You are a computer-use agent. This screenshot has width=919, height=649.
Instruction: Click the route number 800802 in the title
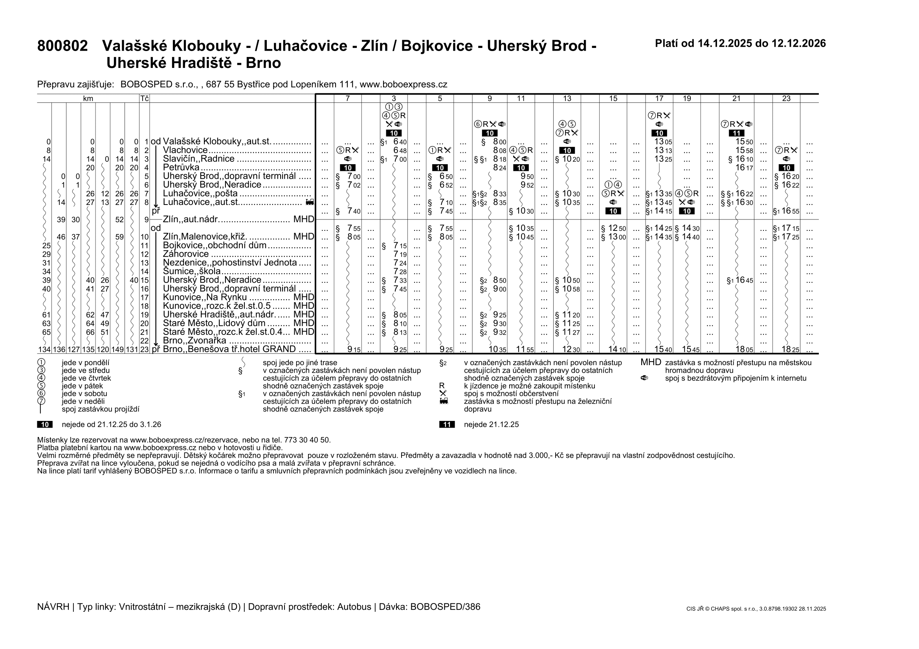point(62,46)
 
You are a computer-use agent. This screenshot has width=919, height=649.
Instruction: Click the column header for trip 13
point(567,99)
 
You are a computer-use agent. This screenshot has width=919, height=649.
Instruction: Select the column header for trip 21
point(736,99)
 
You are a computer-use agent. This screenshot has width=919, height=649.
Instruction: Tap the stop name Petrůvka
point(181,168)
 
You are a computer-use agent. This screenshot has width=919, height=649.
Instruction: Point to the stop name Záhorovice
point(186,254)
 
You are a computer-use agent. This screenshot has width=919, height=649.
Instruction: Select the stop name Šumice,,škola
point(191,272)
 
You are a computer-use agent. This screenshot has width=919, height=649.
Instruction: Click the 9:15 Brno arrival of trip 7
point(354,349)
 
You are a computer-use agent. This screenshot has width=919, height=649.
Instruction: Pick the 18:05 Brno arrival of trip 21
point(744,349)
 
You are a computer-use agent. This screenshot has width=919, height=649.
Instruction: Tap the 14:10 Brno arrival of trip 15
point(617,349)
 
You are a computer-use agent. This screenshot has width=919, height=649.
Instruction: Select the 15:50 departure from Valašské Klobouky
point(744,142)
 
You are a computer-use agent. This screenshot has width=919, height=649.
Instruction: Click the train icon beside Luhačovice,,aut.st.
point(309,203)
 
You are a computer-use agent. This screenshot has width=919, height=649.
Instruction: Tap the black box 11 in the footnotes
point(447,425)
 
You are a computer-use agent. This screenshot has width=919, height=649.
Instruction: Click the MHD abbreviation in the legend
point(651,363)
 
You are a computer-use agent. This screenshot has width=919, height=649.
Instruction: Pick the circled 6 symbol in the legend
point(41,393)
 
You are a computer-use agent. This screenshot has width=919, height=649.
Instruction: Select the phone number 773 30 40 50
point(307,440)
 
